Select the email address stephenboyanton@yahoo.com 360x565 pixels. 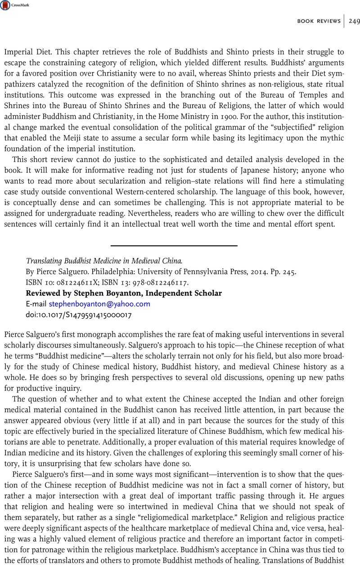click(99, 304)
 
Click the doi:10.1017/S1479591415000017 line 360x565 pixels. click(79, 315)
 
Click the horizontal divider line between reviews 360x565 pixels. click(174, 245)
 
